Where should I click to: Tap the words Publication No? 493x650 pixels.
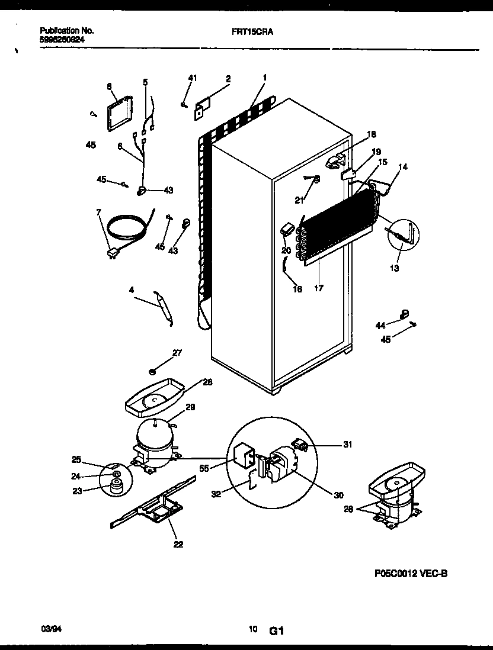point(67,30)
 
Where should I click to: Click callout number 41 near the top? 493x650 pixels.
point(192,78)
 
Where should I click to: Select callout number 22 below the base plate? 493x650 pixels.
point(178,545)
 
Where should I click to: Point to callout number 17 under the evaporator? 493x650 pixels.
point(319,289)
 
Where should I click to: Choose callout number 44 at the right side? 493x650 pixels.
point(380,325)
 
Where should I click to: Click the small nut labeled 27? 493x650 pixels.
point(152,372)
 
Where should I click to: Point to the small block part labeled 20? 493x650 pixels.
point(288,229)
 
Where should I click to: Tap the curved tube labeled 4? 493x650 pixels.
point(164,306)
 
